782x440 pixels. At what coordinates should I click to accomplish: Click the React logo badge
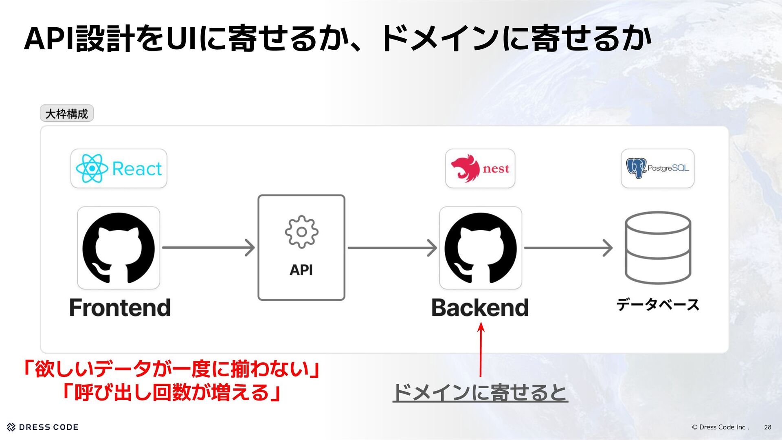coord(119,168)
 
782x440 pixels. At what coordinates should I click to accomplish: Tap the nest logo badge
coord(480,168)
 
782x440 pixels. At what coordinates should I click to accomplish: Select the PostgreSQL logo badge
coord(657,168)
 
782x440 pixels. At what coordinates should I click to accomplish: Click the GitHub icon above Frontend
coord(119,248)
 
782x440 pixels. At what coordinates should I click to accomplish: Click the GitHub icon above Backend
coord(481,248)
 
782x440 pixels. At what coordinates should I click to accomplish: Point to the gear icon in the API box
coord(301,232)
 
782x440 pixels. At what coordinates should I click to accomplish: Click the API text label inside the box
coord(301,270)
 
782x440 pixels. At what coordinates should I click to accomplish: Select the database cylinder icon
coord(658,248)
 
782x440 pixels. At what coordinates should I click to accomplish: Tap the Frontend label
coord(120,308)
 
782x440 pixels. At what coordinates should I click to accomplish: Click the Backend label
coord(480,308)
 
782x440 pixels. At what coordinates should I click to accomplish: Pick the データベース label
coord(657,304)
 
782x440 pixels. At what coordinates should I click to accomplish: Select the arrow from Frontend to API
coord(208,248)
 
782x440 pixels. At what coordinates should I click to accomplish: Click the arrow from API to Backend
coord(392,248)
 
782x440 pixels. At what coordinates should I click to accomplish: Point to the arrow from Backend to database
coord(568,248)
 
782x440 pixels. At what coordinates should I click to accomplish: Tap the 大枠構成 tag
coord(67,114)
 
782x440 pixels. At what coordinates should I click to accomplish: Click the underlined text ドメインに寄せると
coord(480,393)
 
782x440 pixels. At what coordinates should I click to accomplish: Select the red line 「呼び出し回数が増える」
coord(171,393)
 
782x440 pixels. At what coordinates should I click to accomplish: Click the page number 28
coord(767,427)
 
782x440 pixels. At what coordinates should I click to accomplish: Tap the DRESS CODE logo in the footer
coord(43,427)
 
